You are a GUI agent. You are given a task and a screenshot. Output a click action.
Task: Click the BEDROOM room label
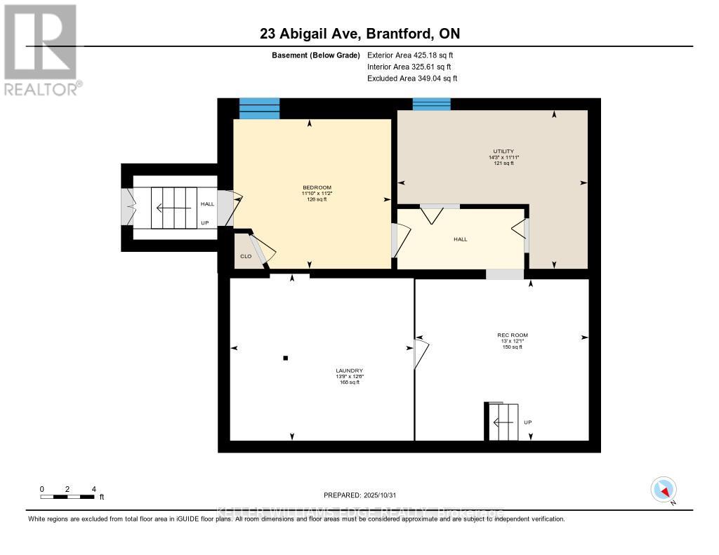[x=317, y=187]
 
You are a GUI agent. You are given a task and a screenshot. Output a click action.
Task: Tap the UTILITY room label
[x=503, y=151]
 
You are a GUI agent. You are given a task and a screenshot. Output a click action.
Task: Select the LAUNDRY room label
[x=349, y=370]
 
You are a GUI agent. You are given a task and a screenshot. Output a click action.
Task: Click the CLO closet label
[x=246, y=256]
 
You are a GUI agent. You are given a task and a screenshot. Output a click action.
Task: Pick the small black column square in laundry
[x=285, y=358]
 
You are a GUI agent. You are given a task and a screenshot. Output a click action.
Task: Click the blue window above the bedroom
[x=260, y=109]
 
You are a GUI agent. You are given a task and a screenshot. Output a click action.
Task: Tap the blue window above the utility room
[x=431, y=104]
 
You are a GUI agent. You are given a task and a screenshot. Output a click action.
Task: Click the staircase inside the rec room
[x=503, y=422]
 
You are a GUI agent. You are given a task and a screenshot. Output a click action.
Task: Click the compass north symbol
[x=664, y=489]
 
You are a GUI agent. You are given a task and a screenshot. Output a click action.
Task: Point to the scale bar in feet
[x=67, y=497]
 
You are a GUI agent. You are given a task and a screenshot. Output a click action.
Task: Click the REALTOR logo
[x=41, y=49]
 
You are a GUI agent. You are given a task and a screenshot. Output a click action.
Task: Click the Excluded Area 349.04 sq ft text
[x=412, y=79]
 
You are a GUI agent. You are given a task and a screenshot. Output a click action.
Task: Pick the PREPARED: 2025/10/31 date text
[x=364, y=495]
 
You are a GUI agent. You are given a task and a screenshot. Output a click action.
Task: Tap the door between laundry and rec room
[x=421, y=353]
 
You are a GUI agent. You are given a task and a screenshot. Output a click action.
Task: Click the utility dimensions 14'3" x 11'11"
[x=503, y=157]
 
